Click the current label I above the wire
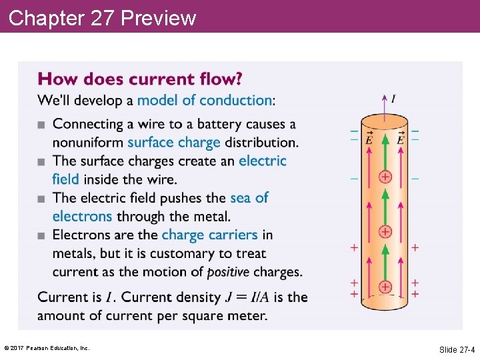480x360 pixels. point(393,99)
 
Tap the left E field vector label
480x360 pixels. point(369,139)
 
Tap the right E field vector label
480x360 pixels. point(400,139)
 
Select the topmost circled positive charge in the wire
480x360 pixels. point(385,177)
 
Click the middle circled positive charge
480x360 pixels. point(385,231)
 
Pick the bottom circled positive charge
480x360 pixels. point(385,287)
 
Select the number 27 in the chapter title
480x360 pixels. point(102,18)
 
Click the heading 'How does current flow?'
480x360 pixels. point(140,79)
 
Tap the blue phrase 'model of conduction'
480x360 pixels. point(204,101)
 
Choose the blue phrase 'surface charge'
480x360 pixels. point(174,142)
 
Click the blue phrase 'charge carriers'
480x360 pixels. point(209,235)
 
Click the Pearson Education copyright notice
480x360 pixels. point(47,349)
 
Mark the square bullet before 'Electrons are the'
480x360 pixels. point(42,235)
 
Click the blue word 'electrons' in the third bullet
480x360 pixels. point(82,216)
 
